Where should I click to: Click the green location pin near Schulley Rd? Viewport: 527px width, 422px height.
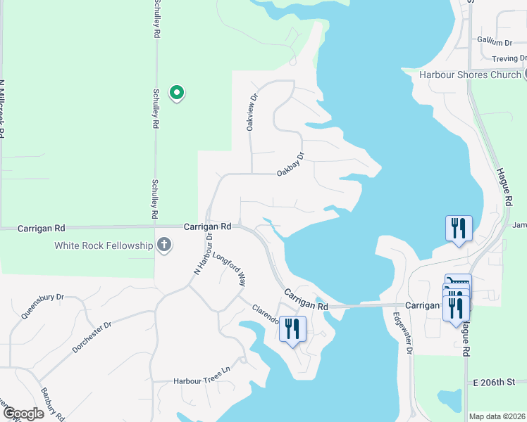pyautogui.click(x=178, y=93)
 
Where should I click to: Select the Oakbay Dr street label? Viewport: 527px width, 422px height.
pyautogui.click(x=290, y=164)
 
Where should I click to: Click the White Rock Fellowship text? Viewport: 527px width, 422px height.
pyautogui.click(x=104, y=245)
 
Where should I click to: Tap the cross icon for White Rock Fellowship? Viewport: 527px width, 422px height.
pyautogui.click(x=163, y=245)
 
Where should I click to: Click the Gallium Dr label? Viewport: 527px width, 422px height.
pyautogui.click(x=495, y=41)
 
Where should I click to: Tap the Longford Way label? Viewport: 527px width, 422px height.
pyautogui.click(x=229, y=269)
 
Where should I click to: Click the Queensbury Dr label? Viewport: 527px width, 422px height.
pyautogui.click(x=42, y=306)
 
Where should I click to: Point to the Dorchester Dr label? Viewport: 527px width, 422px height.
pyautogui.click(x=92, y=338)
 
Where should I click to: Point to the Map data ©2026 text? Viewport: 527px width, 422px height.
pyautogui.click(x=496, y=416)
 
